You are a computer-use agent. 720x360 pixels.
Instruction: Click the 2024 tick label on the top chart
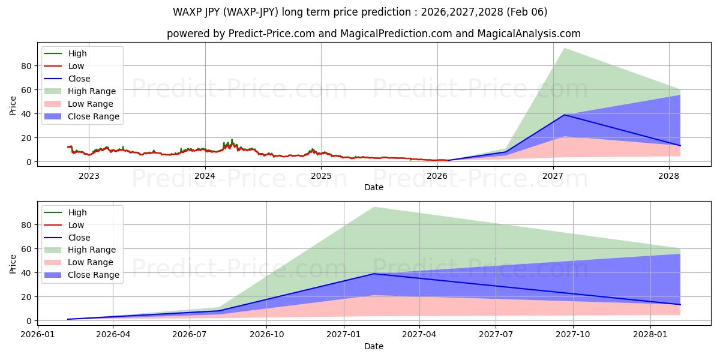pos(205,176)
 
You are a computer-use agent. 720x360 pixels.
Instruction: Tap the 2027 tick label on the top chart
pos(553,176)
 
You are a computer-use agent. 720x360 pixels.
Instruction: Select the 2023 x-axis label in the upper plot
pos(89,176)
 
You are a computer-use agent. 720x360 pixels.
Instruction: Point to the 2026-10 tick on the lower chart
pos(267,335)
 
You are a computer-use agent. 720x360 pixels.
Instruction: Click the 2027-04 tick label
pos(419,335)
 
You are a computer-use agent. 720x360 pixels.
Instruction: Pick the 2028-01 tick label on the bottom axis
pos(651,335)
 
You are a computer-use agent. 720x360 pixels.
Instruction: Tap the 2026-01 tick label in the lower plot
pos(38,335)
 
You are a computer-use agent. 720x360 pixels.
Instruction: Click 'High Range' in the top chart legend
pos(92,91)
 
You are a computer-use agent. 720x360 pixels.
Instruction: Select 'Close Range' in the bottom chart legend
pos(94,275)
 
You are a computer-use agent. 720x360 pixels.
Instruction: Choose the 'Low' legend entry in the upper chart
pos(76,66)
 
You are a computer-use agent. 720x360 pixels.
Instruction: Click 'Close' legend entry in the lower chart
pos(79,238)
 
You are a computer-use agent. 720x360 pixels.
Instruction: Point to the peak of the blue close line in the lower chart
pos(374,274)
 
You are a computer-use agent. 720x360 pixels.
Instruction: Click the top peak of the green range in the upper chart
pos(564,49)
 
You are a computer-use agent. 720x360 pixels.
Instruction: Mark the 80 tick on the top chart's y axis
pos(25,65)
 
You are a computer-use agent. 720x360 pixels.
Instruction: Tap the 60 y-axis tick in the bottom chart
pos(25,249)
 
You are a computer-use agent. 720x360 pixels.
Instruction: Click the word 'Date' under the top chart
pos(373,187)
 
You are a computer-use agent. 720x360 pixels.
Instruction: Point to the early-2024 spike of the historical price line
pos(232,140)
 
